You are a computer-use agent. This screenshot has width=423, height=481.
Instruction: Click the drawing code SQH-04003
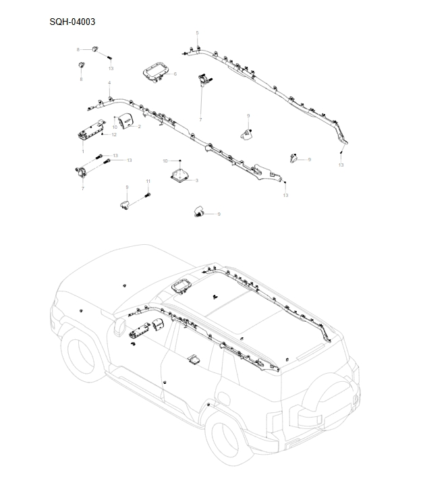click(72, 22)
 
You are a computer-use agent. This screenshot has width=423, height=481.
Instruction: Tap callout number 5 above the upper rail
click(197, 33)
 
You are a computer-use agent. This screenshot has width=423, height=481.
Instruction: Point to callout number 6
click(175, 74)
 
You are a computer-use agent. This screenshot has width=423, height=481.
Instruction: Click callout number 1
click(82, 152)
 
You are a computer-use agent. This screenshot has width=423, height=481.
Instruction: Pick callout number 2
click(139, 126)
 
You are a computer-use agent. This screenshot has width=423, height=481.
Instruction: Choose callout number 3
click(196, 181)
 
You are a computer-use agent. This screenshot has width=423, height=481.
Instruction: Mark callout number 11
click(148, 182)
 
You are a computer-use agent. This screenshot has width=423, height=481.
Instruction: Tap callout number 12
click(115, 135)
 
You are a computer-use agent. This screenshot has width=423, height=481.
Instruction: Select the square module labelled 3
click(180, 176)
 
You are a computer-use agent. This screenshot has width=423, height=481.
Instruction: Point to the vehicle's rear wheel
click(230, 443)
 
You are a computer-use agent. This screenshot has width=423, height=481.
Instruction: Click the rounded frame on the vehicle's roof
click(181, 285)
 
